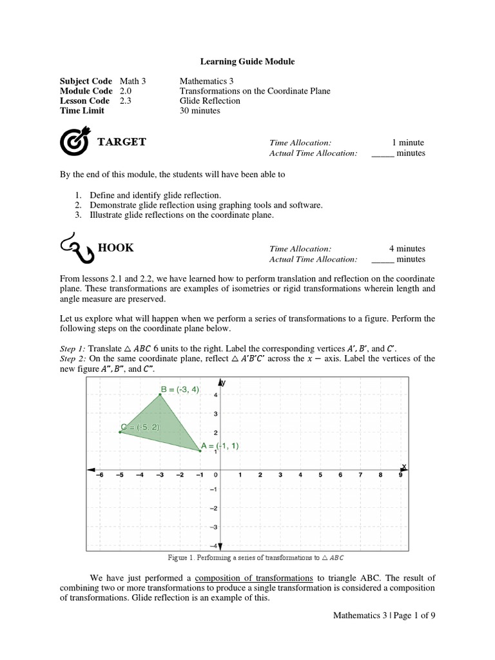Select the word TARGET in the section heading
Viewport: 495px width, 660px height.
pos(122,142)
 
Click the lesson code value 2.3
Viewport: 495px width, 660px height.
pos(126,101)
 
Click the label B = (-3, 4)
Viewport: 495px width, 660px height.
pos(180,389)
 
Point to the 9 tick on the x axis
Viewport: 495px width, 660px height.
pos(400,476)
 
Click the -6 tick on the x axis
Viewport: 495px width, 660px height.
pos(99,476)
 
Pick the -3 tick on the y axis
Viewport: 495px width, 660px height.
pos(215,527)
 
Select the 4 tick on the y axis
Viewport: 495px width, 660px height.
pos(215,394)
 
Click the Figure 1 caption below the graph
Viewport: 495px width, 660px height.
pos(247,557)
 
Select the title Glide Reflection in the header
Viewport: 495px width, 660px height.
pos(209,101)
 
